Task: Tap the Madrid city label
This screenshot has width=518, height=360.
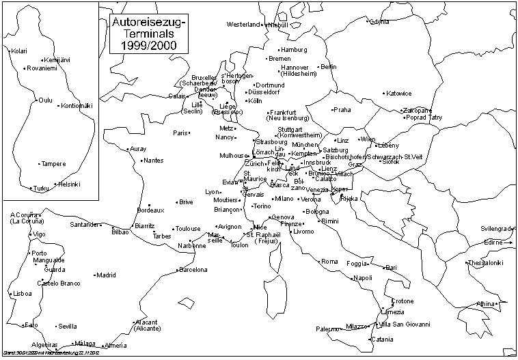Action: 106,275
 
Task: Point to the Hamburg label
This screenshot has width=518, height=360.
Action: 295,50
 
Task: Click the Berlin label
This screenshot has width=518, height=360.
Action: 329,67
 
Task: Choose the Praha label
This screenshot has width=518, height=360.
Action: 342,110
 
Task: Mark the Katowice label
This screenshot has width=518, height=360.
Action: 398,94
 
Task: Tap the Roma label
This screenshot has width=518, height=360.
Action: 330,262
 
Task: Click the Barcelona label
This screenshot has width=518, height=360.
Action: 193,270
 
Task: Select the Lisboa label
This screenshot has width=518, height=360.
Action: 23,294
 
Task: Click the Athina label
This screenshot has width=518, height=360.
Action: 485,303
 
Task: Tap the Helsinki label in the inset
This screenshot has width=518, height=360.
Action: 69,184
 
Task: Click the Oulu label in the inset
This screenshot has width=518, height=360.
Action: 46,100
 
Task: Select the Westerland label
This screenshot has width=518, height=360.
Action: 244,25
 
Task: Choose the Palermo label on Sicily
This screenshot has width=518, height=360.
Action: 327,329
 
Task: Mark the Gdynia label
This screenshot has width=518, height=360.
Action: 380,22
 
